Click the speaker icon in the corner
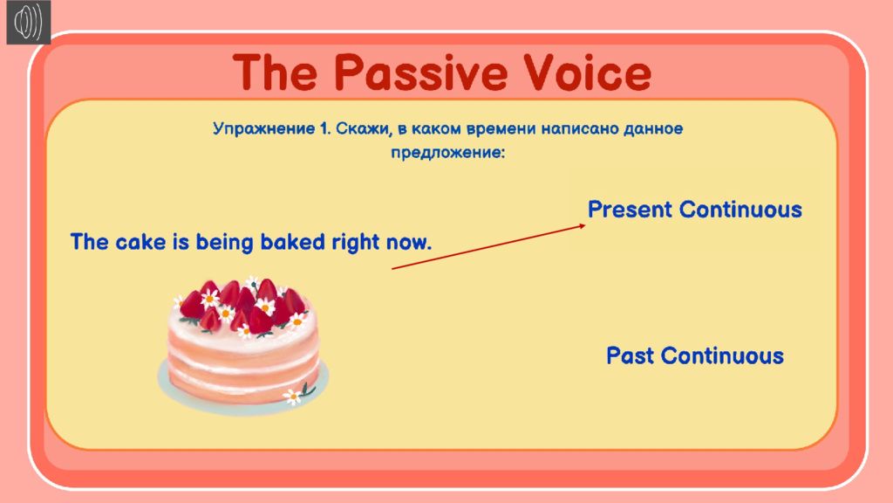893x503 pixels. pos(29,22)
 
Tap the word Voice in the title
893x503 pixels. pos(587,72)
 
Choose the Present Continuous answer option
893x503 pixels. pos(695,210)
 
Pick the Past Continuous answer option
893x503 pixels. pos(695,356)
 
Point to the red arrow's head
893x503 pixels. pos(582,226)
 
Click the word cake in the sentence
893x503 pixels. pos(140,242)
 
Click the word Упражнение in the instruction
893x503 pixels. pos(263,129)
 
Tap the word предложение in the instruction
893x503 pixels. pos(447,153)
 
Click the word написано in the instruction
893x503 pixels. pos(579,128)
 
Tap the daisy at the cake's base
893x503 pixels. pos(293,396)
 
